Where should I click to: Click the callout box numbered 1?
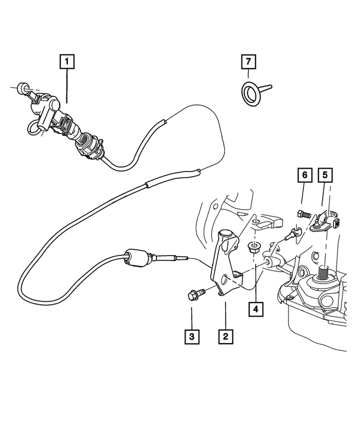coord(66,60)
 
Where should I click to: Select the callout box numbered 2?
coord(225,336)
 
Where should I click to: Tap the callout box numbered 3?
coord(192,336)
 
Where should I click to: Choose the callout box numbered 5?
coord(324,175)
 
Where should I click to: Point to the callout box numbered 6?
coord(303,175)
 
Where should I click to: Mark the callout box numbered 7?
coord(246,60)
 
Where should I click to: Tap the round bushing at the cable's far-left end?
coord(22,87)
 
